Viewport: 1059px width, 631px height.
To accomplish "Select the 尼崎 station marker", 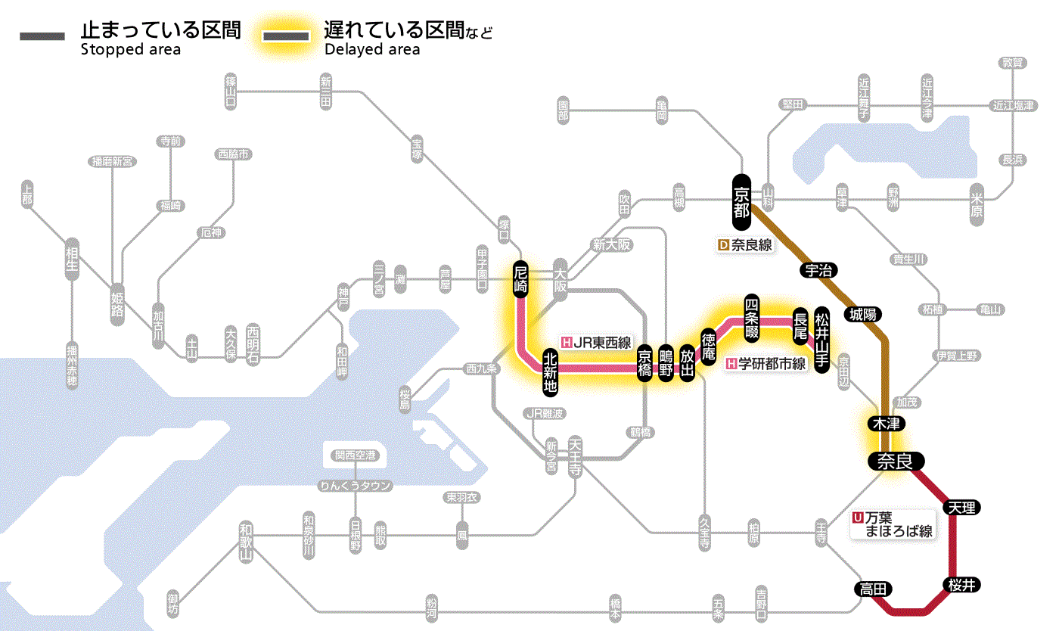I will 520,279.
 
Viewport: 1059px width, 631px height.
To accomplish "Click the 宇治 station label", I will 815,270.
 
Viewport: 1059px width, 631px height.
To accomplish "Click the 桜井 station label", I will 960,585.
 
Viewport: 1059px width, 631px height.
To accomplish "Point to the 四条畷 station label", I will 752,317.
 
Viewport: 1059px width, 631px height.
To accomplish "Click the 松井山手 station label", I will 822,329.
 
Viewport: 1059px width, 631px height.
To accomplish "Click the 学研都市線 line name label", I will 766,364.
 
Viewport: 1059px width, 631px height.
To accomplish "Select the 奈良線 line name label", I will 744,245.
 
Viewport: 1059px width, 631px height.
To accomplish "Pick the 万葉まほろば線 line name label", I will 893,524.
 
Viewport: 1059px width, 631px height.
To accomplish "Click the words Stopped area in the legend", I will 130,50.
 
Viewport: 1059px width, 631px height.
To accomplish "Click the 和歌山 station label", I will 245,542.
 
